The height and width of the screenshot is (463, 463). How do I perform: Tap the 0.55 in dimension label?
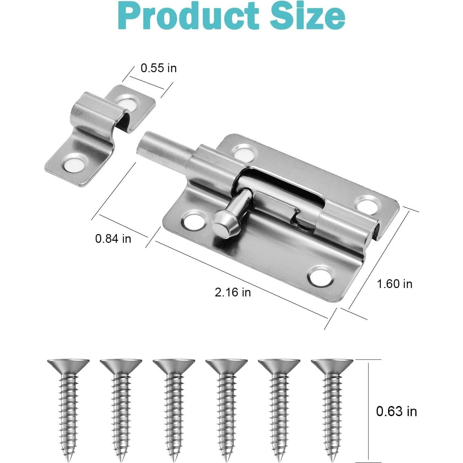(x=158, y=68)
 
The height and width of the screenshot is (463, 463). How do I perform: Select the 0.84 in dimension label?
(x=113, y=239)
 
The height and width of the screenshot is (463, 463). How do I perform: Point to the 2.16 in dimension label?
(x=233, y=292)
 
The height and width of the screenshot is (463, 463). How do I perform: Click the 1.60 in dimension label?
(x=394, y=284)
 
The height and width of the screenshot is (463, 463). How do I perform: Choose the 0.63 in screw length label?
(x=396, y=411)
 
